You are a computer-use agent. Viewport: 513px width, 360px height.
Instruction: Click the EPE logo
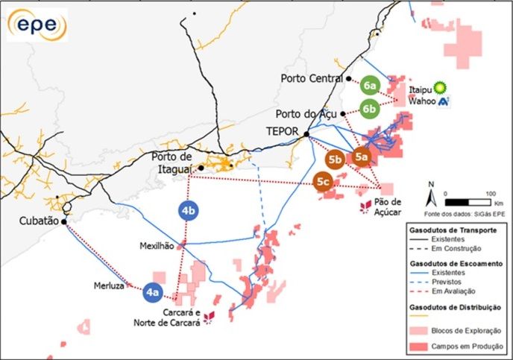37,26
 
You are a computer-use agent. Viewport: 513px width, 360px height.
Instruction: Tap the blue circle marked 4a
153,294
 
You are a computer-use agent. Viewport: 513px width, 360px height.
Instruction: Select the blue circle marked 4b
189,211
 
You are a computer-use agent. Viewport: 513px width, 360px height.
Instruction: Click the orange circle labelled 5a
362,157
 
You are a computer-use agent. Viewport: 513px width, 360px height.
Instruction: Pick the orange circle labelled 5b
335,159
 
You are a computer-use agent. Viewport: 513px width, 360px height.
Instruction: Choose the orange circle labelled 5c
323,181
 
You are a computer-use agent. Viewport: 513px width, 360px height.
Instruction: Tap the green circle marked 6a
371,86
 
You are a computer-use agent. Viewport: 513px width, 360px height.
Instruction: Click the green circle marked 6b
370,108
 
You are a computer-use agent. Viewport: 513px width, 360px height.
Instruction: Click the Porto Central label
311,78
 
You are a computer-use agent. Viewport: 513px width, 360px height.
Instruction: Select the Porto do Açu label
306,114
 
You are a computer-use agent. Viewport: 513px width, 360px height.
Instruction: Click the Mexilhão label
157,245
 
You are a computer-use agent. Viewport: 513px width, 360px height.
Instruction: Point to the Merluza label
108,284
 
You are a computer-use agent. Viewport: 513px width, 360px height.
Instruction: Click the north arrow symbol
430,196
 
